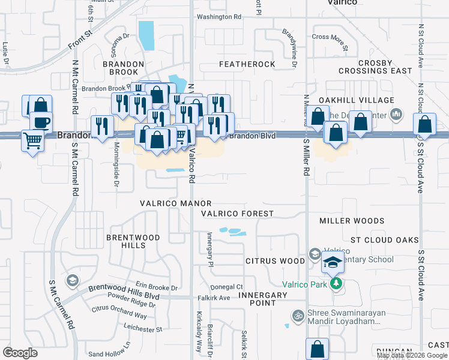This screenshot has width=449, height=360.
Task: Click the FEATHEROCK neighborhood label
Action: coord(247,64)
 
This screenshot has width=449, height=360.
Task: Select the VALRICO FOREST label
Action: coord(237,214)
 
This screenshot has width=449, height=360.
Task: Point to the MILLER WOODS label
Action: coord(352,221)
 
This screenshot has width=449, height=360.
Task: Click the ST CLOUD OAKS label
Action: coord(384,240)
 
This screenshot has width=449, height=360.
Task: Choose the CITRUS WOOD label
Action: coord(276,261)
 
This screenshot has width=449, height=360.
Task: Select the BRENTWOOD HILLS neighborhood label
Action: coord(133,241)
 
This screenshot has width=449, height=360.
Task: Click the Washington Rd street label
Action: coord(218,17)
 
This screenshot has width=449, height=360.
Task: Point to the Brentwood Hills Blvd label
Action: coord(124,289)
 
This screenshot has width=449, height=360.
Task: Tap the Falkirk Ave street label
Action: coord(216,298)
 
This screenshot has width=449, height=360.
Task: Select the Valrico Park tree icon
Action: coord(336,283)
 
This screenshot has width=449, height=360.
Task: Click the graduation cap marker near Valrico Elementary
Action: coord(332,262)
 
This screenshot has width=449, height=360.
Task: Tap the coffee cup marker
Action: coord(41,122)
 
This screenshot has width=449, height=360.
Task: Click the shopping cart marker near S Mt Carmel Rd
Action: coord(32,141)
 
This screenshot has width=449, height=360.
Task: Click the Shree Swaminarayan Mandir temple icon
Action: coord(296,315)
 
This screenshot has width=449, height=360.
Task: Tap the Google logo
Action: coord(20,352)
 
